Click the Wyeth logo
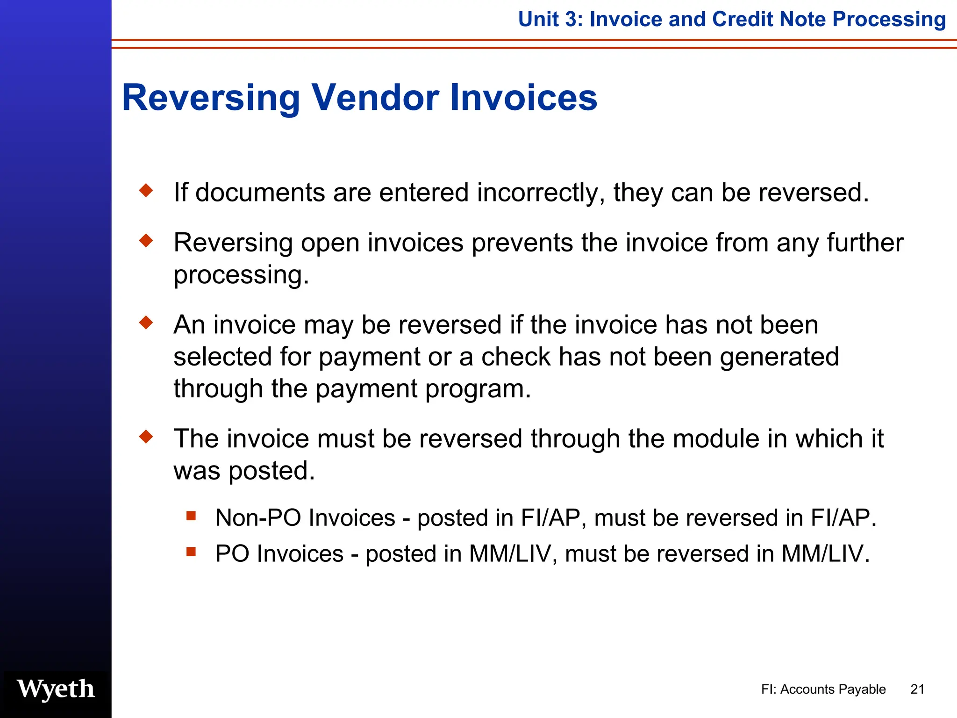[56, 689]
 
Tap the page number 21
[917, 689]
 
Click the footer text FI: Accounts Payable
[823, 689]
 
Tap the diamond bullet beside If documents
[146, 191]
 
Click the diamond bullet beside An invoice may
[146, 323]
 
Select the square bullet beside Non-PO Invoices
[191, 516]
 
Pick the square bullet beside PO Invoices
[191, 552]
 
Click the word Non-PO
[258, 518]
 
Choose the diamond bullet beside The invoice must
[146, 437]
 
